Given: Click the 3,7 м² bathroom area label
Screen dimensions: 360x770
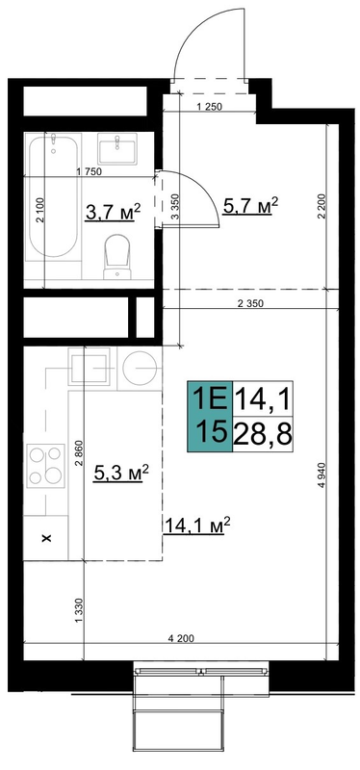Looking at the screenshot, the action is click(113, 213).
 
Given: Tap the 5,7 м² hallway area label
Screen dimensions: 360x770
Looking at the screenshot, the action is click(250, 206).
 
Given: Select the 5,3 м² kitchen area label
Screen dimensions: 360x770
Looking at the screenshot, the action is click(121, 473).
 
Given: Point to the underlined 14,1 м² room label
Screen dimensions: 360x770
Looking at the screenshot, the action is click(196, 526).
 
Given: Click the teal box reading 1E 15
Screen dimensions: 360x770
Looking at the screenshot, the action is click(209, 417).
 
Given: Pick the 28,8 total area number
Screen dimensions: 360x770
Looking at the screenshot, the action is click(262, 434).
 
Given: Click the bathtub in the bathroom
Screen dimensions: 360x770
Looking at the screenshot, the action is click(53, 195).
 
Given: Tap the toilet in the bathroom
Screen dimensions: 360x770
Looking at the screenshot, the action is click(116, 256).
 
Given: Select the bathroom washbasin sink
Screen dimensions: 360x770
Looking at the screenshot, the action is click(116, 148).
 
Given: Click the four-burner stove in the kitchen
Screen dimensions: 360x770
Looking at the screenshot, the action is click(45, 466).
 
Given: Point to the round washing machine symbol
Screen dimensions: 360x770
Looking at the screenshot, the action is click(140, 368).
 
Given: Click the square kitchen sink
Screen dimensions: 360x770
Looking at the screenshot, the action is click(89, 367).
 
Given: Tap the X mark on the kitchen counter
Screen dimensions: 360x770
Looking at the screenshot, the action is click(47, 539).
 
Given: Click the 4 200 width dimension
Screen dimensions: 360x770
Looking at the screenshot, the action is click(181, 638).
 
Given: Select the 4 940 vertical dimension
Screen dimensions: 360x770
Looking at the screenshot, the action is click(321, 475).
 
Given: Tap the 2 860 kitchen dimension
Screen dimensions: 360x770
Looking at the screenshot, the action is click(81, 454).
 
